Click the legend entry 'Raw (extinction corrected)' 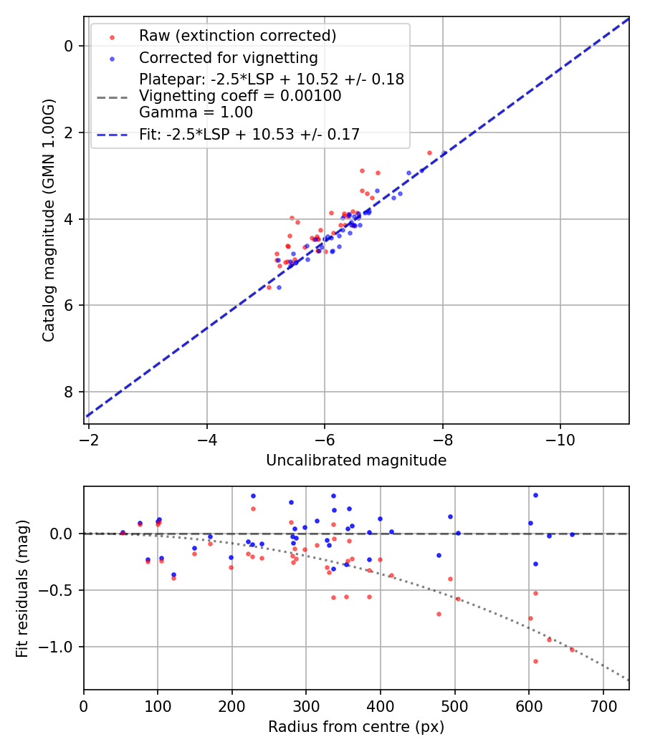pyautogui.click(x=237, y=36)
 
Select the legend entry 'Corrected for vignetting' pyautogui.click(x=228, y=57)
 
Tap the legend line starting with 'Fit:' pyautogui.click(x=249, y=134)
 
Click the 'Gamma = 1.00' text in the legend pyautogui.click(x=196, y=112)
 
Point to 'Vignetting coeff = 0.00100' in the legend pyautogui.click(x=240, y=96)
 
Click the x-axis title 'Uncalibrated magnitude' pyautogui.click(x=356, y=461)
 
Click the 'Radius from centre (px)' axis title pyautogui.click(x=356, y=727)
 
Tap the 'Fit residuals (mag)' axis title pyautogui.click(x=22, y=588)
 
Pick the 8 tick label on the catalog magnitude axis pyautogui.click(x=69, y=392)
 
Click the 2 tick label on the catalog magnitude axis pyautogui.click(x=69, y=132)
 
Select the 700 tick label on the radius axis pyautogui.click(x=603, y=704)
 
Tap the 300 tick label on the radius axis pyautogui.click(x=306, y=704)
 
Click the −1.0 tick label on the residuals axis pyautogui.click(x=59, y=647)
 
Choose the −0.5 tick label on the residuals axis pyautogui.click(x=59, y=590)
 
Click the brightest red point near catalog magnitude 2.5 pyautogui.click(x=430, y=153)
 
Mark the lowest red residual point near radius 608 pyautogui.click(x=535, y=661)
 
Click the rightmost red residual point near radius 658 pyautogui.click(x=572, y=650)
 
